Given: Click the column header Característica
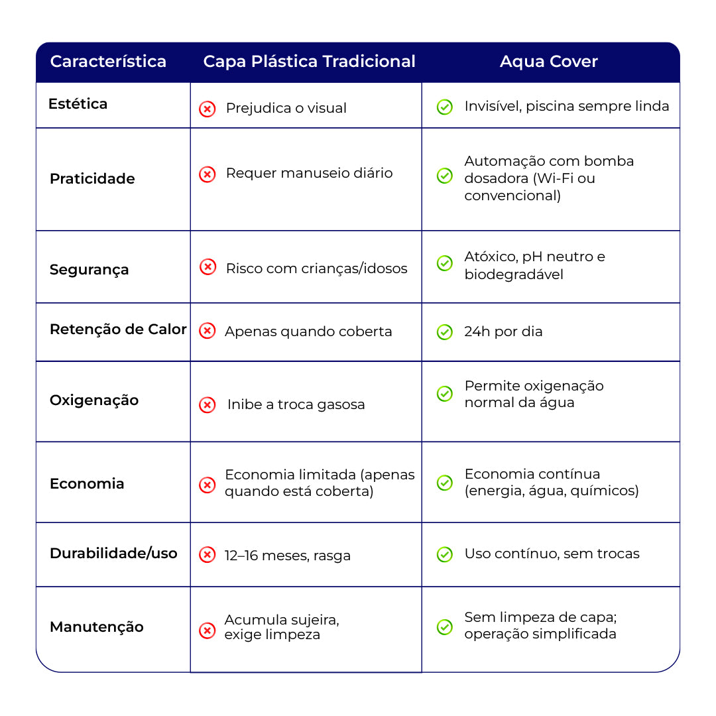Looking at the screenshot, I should [x=108, y=62].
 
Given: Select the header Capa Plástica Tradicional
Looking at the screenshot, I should [x=309, y=62].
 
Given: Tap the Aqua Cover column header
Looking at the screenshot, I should [x=548, y=62].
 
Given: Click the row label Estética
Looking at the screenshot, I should [x=78, y=104].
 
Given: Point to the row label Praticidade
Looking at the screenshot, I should [x=92, y=179].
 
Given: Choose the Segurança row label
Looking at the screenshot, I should [x=89, y=270].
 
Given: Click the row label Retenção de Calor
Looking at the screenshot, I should [x=118, y=329].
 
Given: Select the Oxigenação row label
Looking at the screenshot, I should [x=94, y=400].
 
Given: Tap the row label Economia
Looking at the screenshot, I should [x=87, y=484].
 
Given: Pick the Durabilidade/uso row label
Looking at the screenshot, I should [x=113, y=554].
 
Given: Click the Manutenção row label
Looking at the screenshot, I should [x=96, y=627].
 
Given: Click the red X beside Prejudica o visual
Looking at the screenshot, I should [x=208, y=109].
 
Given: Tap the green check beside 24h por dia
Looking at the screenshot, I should [x=445, y=332].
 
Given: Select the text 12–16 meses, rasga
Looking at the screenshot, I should [x=287, y=556].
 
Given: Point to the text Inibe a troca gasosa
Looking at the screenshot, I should [x=296, y=404].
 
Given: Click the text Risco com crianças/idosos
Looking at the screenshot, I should [x=316, y=268].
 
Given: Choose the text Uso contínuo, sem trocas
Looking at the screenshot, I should [x=552, y=554].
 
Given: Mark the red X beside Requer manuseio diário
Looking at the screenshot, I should [x=208, y=174].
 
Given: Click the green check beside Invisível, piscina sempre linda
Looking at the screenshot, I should [x=445, y=107].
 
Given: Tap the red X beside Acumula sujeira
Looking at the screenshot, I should [x=208, y=630].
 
